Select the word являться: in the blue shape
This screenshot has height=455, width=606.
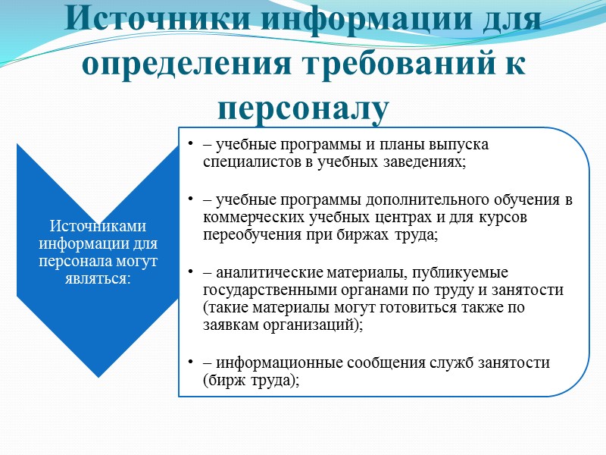click(x=96, y=279)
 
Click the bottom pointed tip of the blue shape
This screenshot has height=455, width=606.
click(x=97, y=375)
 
